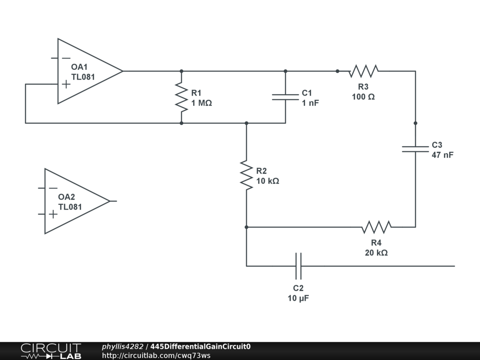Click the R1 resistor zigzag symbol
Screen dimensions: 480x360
[x=181, y=97]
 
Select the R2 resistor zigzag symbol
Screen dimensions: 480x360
[x=247, y=175]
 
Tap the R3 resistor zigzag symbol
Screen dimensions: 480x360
[x=363, y=71]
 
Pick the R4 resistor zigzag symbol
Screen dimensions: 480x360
[x=376, y=227]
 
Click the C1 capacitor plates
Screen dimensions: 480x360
[x=285, y=97]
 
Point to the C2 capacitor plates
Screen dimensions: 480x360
[x=299, y=266]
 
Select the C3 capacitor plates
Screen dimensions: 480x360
[x=415, y=149]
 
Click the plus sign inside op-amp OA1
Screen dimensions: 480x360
[x=66, y=84]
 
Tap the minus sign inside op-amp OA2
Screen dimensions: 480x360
[x=53, y=188]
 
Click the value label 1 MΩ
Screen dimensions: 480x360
[x=202, y=103]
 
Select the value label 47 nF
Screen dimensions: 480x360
[x=442, y=155]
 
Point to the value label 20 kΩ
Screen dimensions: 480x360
[x=376, y=253]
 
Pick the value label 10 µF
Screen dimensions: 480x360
[x=298, y=298]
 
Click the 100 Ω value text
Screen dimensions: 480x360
[x=363, y=97]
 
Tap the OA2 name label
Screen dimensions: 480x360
[x=67, y=197]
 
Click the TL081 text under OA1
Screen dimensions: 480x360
[x=83, y=77]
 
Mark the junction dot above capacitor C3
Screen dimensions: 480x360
[x=415, y=123]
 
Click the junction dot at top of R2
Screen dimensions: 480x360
[x=247, y=123]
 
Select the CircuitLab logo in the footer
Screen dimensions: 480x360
[x=51, y=351]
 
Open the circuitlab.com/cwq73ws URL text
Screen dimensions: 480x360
[x=156, y=355]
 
